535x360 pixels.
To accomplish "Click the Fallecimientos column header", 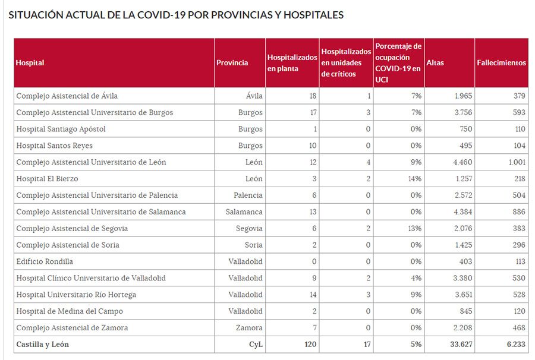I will point(501,62).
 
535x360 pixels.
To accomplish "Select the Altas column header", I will point(435,62).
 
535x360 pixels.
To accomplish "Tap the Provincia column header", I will point(232,62).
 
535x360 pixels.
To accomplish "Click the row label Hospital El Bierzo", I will point(47,179).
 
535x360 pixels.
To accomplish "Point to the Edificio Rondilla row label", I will point(45,261).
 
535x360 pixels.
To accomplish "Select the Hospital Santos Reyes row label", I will point(54,146).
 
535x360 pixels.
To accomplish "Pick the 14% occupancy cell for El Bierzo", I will point(414,179).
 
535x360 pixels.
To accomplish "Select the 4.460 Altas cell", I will point(462,162).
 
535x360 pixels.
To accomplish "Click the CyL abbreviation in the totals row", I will point(256,344).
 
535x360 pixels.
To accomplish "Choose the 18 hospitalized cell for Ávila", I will point(312,96).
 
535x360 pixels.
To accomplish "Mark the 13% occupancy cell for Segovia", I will point(414,229).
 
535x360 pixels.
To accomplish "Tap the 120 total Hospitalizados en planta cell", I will point(310,344).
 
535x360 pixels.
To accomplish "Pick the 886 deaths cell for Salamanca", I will point(518,212).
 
